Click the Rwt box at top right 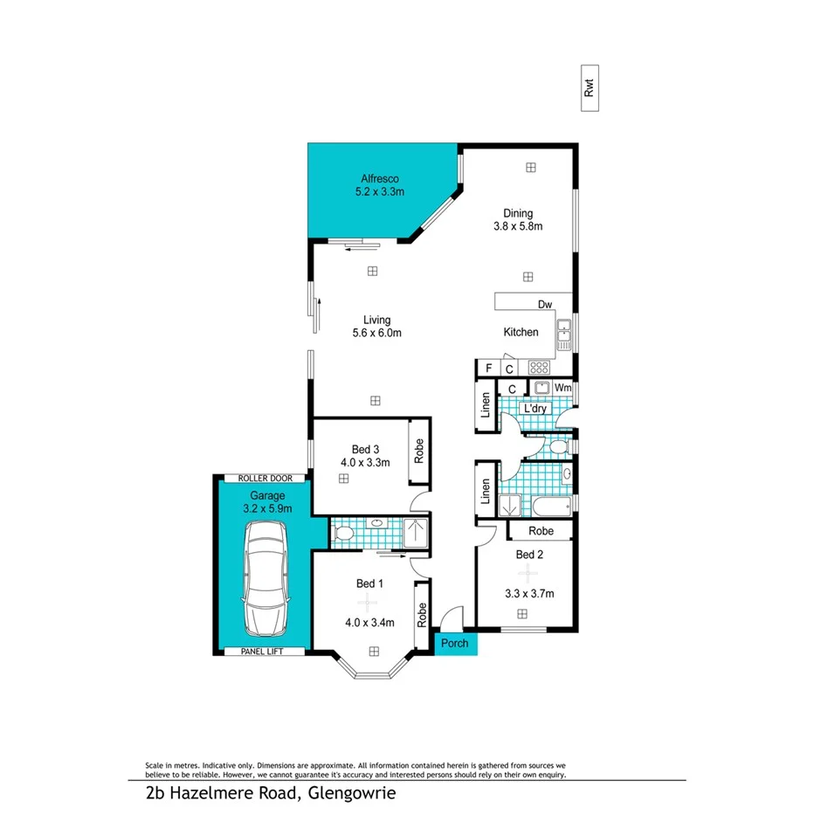pos(591,88)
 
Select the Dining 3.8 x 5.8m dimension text pos(518,226)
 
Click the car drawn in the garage pos(266,578)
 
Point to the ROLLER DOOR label pos(265,479)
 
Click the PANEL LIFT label pos(265,652)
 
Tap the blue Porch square pos(455,644)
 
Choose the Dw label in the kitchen pos(545,305)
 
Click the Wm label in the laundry pos(563,387)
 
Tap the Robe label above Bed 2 pos(540,530)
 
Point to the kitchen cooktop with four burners pos(539,368)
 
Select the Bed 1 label pos(365,583)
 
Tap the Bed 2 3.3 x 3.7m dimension pos(530,595)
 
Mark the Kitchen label pos(521,333)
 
